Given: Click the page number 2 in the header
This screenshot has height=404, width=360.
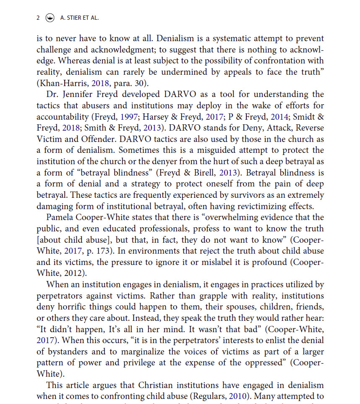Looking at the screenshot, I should pos(38,18).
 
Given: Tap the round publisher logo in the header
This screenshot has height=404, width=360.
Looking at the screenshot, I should pos(50,18).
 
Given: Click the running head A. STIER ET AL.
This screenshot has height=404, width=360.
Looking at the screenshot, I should pos(80,18).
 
